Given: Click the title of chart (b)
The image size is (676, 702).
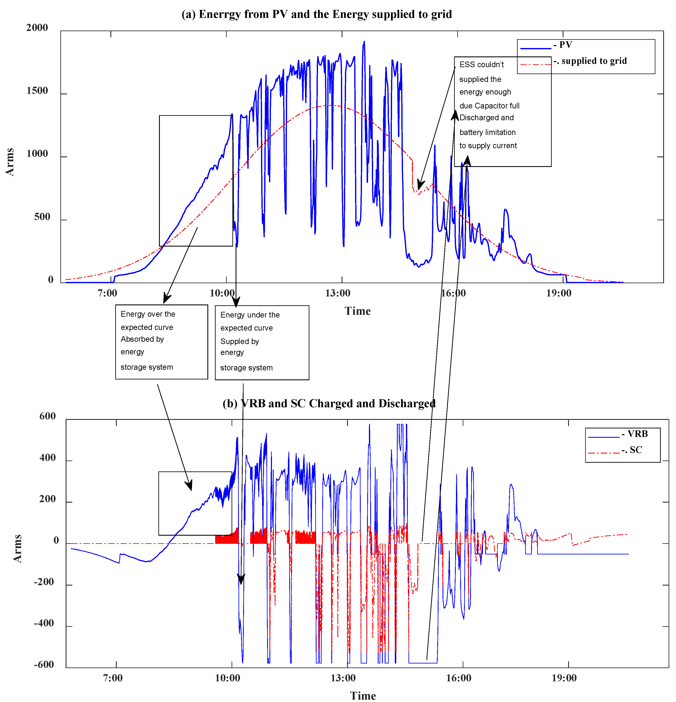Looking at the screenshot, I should tap(329, 404).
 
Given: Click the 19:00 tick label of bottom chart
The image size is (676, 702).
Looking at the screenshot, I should tap(564, 678).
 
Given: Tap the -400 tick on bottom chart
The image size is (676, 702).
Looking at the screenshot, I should tap(44, 623).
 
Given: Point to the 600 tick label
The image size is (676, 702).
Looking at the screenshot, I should tap(47, 416).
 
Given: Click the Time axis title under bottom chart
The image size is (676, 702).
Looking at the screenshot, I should tap(363, 695).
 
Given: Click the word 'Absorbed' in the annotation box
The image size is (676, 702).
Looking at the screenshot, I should tap(142, 339).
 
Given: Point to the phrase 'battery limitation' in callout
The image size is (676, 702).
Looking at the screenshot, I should tap(487, 132).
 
